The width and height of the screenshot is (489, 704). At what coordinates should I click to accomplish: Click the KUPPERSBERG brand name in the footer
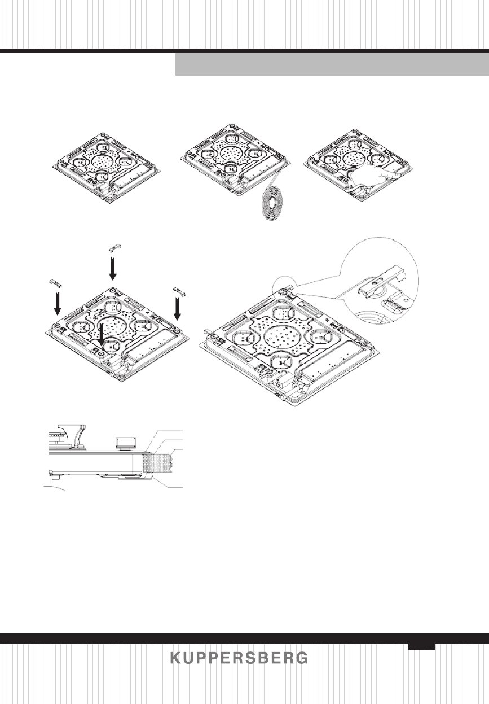tap(239, 658)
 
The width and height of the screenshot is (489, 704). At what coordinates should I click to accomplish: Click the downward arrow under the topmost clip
tap(113, 269)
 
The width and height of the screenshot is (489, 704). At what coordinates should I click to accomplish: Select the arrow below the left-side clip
tap(57, 304)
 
